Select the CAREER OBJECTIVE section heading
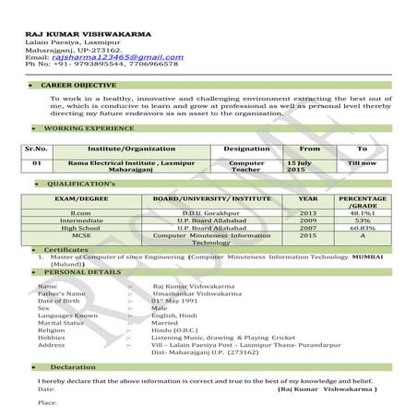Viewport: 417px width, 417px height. pyautogui.click(x=79, y=84)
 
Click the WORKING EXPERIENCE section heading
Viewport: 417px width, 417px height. pyautogui.click(x=89, y=128)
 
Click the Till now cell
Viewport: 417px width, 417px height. pyautogui.click(x=362, y=163)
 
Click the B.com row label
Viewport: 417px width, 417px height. pyautogui.click(x=80, y=213)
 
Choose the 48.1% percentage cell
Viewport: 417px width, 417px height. pyautogui.click(x=363, y=213)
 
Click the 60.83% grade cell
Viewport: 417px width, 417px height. pyautogui.click(x=363, y=228)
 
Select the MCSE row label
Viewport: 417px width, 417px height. pyautogui.click(x=80, y=235)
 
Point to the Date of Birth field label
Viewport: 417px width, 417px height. pyautogui.click(x=63, y=301)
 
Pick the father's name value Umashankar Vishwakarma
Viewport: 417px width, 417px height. pyautogui.click(x=196, y=293)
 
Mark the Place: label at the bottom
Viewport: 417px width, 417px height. pyautogui.click(x=46, y=403)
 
